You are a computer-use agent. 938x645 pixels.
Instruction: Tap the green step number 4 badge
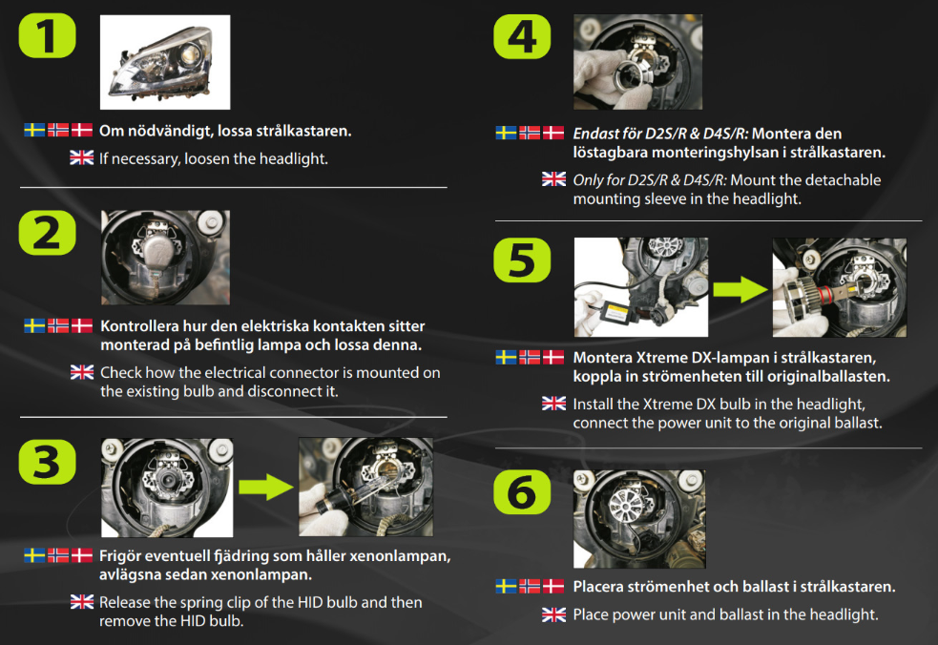[x=522, y=39]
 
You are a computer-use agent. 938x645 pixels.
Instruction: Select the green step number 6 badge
[x=522, y=493]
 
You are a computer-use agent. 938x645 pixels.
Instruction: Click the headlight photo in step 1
[x=165, y=62]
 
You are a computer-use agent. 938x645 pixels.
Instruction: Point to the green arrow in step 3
[x=264, y=489]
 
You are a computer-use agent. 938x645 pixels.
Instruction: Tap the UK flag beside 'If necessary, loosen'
[x=82, y=158]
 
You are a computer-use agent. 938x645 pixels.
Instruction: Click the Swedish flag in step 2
[x=34, y=325]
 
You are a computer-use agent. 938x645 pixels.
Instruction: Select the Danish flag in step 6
[x=553, y=586]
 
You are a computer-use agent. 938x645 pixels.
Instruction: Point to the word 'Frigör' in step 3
[x=121, y=556]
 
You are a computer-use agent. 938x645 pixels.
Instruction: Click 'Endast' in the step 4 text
[x=595, y=134]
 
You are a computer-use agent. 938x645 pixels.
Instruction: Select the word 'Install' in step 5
[x=594, y=404]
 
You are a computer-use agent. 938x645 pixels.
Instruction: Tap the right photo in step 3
[x=365, y=489]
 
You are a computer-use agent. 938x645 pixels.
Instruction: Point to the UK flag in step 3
[x=82, y=602]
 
